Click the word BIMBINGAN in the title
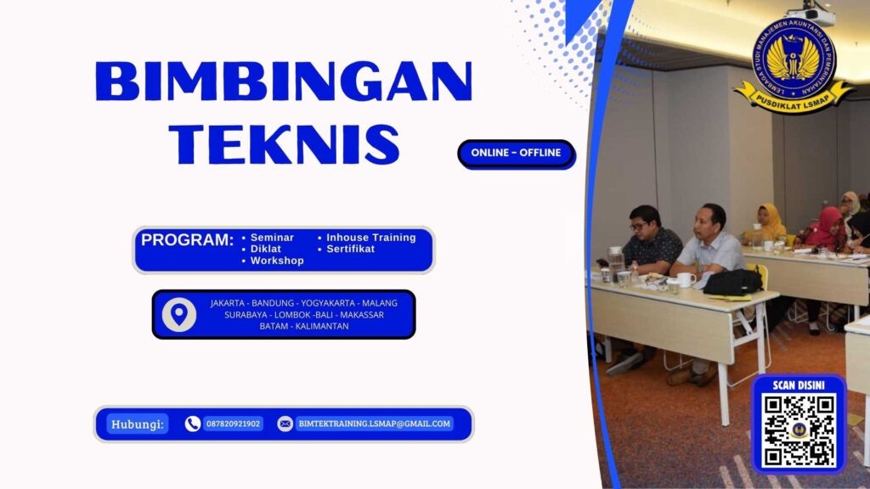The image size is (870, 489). (284, 82)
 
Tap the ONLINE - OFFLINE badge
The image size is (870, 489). (516, 153)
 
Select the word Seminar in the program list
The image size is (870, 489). (272, 238)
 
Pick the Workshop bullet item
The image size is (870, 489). (277, 261)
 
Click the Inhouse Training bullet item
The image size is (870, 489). (370, 238)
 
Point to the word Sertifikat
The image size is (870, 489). (350, 249)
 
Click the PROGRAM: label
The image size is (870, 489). (187, 240)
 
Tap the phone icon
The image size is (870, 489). (193, 424)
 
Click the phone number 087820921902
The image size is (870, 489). (233, 424)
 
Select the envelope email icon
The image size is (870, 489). (285, 424)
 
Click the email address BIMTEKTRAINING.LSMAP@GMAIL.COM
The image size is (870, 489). (374, 424)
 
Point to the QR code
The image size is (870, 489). (799, 430)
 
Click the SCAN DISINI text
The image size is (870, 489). (799, 385)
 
